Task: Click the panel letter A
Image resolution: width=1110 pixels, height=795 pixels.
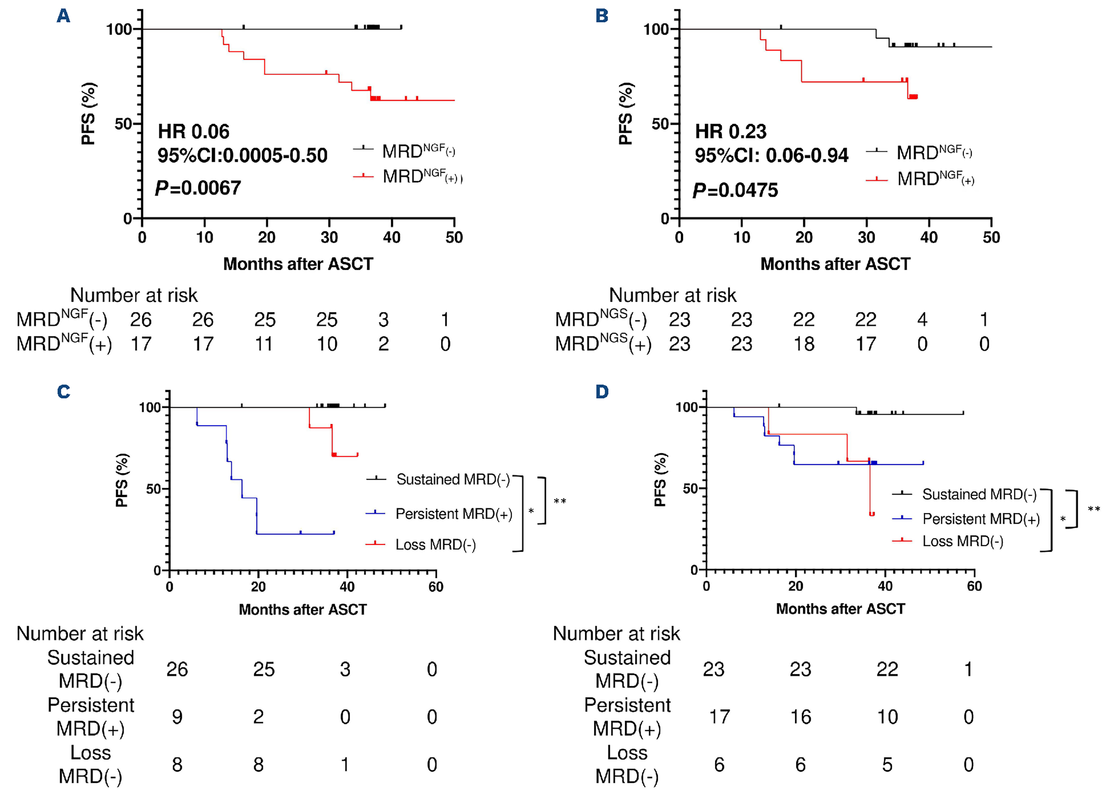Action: point(63,16)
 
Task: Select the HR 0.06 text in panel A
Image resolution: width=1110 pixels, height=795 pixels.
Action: point(193,132)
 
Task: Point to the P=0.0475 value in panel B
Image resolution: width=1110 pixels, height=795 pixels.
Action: point(735,190)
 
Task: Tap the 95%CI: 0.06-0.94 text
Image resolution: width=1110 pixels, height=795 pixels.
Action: point(771,156)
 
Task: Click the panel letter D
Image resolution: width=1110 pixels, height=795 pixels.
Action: point(602,392)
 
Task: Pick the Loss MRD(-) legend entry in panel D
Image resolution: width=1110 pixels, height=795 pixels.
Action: point(962,541)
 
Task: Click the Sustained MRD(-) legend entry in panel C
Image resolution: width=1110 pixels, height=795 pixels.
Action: point(453,479)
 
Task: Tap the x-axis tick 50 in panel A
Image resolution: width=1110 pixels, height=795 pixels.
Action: point(454,237)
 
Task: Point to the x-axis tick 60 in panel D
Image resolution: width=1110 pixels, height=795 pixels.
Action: point(974,586)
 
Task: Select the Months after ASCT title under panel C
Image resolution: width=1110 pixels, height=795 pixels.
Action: point(302,610)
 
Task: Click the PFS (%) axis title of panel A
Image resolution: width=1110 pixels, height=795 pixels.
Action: point(88,114)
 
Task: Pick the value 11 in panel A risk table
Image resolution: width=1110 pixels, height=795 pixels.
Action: point(264,344)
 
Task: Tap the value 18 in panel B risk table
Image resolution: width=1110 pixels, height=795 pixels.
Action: point(804,344)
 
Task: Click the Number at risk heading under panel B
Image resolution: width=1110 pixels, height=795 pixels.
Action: point(672,295)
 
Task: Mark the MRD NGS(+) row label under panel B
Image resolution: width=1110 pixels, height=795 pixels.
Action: point(603,344)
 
